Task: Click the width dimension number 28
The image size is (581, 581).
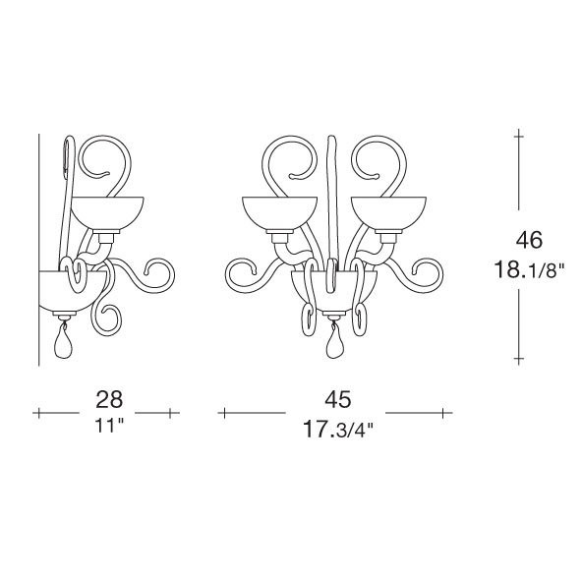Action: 109,399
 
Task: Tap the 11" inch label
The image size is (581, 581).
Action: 109,425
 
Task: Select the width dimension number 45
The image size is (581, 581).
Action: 338,399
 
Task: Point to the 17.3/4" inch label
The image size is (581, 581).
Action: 338,429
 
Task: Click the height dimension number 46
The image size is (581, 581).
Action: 529,239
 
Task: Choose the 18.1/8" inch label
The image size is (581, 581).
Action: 529,269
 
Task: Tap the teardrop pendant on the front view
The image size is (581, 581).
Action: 333,341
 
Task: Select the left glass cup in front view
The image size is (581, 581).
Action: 279,213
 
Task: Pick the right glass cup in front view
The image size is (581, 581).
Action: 388,213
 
